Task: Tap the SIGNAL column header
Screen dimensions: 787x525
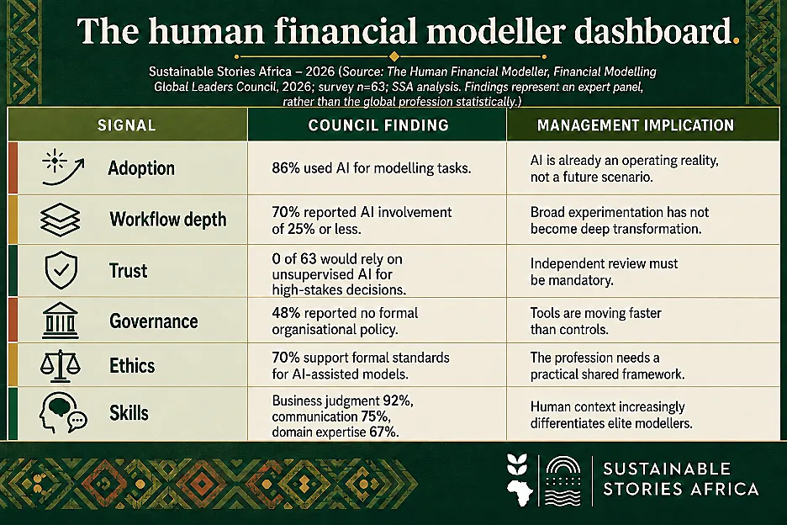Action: click(x=126, y=125)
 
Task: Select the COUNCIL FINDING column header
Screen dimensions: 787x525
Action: click(x=378, y=125)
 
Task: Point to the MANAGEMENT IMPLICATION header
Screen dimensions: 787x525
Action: click(x=636, y=125)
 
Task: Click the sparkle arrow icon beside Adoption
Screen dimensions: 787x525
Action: click(x=63, y=167)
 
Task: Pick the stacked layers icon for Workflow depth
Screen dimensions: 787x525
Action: click(x=60, y=220)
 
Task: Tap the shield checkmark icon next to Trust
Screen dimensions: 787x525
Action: click(x=61, y=270)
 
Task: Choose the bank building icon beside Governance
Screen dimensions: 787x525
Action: click(x=61, y=320)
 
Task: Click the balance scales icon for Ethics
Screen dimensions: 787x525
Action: click(x=60, y=365)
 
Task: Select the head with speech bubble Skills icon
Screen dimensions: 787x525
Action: click(x=63, y=413)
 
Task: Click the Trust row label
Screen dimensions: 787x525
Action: click(x=129, y=271)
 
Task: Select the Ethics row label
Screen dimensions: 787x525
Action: click(x=132, y=366)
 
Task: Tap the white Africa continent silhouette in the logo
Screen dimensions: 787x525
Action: click(x=519, y=493)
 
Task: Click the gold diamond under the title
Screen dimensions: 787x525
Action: click(x=394, y=56)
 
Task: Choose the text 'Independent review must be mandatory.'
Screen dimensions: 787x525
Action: click(x=604, y=272)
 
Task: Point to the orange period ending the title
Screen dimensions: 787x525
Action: click(x=736, y=41)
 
